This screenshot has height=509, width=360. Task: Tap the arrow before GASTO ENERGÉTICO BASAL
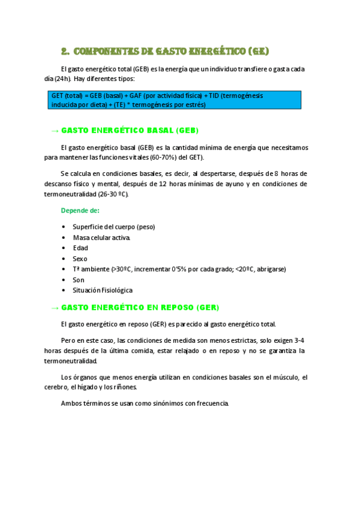pos(54,130)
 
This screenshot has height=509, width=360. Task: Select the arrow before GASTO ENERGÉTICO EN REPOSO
pos(54,307)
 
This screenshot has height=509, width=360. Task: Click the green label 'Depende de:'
pos(80,211)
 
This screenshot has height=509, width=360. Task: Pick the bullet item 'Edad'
pos(80,248)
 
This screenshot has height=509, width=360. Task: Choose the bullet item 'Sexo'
pos(80,259)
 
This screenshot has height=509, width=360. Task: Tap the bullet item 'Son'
pos(79,280)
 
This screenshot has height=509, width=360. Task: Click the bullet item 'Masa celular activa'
pos(101,237)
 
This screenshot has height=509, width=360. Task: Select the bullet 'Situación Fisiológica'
pos(103,290)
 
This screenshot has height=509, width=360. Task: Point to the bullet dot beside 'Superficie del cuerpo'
pos(64,227)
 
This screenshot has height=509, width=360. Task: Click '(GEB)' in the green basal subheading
pos(187,130)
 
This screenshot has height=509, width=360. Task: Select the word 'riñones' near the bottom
pos(125,387)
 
